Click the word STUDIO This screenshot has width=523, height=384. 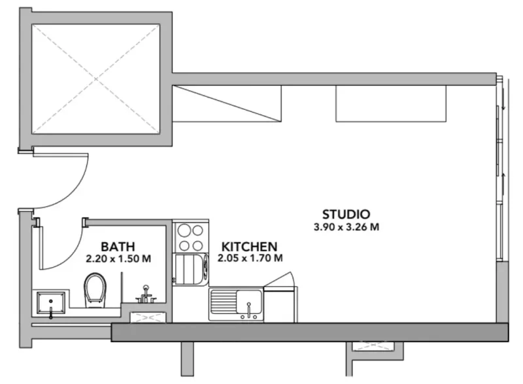(346, 214)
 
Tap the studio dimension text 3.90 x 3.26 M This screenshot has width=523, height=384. (346, 228)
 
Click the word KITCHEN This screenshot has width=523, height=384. (249, 247)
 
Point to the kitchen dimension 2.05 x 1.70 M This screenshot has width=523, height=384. (250, 258)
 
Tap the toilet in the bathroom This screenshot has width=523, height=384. (96, 289)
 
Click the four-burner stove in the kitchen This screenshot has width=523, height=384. (191, 237)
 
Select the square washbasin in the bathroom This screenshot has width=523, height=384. (51, 302)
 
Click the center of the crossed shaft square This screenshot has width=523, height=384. (96, 77)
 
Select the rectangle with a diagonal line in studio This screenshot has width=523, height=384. (228, 103)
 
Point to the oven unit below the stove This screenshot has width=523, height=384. (190, 269)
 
